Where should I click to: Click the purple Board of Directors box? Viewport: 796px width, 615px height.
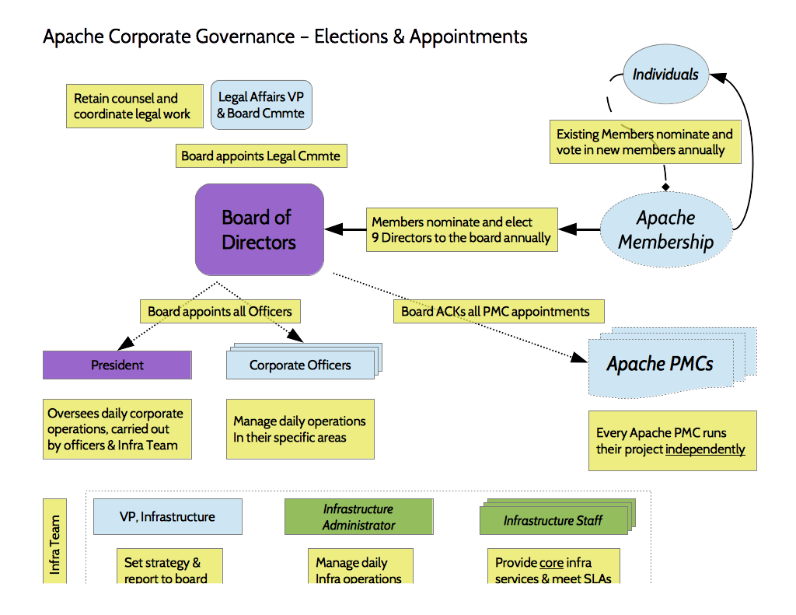pos(259,229)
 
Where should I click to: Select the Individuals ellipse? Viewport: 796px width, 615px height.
pos(665,75)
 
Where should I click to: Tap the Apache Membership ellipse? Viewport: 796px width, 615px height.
pos(665,229)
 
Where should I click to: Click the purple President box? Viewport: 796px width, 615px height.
pos(117,365)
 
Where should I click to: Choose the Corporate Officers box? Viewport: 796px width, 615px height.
pos(299,365)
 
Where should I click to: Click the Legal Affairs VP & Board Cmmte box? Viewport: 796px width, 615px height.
pos(261,106)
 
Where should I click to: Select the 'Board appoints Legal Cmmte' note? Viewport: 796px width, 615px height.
pos(260,155)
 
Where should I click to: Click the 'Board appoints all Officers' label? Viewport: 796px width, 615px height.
pos(220,312)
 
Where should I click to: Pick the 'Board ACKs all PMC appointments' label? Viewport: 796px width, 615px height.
pos(495,312)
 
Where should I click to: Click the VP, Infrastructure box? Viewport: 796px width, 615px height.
pos(167,516)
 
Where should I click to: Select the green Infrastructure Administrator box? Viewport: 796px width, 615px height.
pos(358,517)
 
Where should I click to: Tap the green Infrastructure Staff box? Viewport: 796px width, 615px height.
pos(553,520)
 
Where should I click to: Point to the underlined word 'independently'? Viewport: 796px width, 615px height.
pos(705,449)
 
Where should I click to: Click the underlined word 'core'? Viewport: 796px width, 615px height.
pos(551,562)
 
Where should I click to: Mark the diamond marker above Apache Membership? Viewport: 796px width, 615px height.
pos(665,187)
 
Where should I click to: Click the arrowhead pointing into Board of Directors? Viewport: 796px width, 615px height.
pos(333,229)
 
